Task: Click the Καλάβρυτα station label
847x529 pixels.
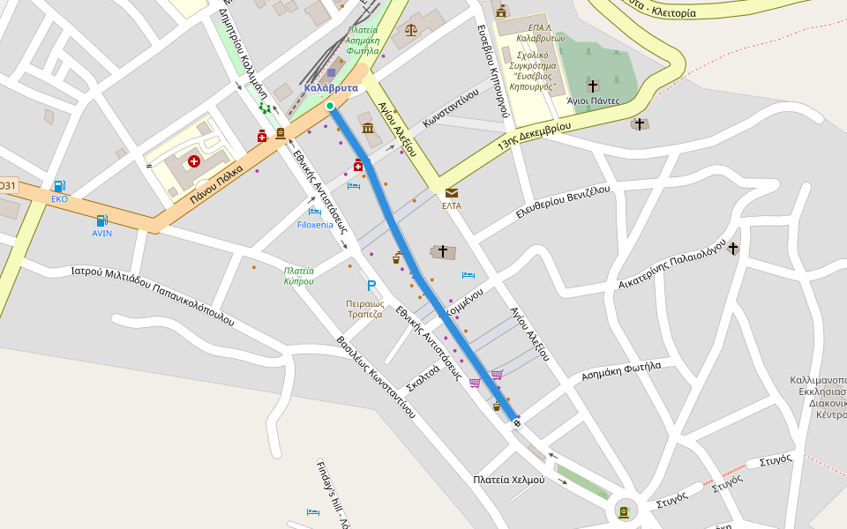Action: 331,88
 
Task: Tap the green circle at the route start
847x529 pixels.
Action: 330,106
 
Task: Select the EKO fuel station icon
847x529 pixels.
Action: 59,186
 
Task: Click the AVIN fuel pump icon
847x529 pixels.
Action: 102,220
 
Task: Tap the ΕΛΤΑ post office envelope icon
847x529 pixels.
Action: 452,192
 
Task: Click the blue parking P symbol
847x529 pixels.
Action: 371,286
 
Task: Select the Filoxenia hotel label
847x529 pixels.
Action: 316,225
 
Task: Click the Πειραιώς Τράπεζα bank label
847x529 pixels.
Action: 364,308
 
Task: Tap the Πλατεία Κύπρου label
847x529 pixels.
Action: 299,275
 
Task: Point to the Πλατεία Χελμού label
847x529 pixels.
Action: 509,480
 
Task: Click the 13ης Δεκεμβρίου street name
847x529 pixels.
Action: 535,132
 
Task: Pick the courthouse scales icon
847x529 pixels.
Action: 410,30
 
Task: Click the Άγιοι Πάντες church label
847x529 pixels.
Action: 593,101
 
